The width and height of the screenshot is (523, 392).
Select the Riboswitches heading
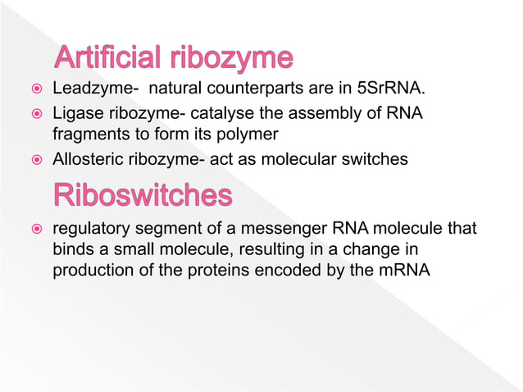142,195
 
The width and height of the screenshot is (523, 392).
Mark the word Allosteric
88,160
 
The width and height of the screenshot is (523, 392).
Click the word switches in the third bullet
376,160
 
